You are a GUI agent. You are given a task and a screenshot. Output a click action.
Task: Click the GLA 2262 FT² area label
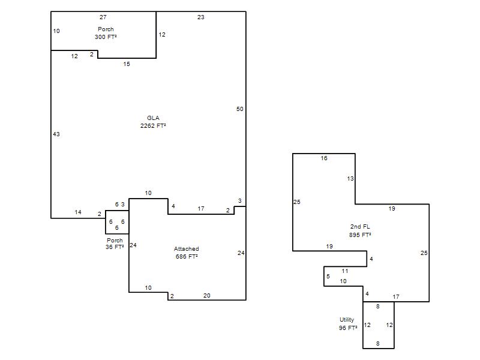tap(153, 122)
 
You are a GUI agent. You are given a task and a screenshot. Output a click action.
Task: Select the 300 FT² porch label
tap(106, 33)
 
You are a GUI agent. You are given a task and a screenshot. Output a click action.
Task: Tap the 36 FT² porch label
tap(115, 244)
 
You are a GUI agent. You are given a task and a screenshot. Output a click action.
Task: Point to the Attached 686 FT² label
tap(187, 253)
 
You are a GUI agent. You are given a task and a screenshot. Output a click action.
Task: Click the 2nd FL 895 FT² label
tap(360, 231)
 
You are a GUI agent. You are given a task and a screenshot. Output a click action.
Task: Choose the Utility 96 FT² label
tap(348, 324)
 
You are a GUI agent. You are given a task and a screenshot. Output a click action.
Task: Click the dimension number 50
tap(239, 109)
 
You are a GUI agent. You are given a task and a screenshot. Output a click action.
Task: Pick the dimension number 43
tap(56, 134)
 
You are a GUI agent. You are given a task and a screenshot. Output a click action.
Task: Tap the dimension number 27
tap(103, 17)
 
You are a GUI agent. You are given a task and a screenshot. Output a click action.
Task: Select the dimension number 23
tap(201, 17)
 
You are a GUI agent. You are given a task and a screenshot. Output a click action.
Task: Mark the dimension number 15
tap(127, 64)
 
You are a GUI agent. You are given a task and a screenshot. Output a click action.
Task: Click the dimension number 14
tap(78, 212)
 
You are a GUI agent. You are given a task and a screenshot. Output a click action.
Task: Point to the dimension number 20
tap(207, 296)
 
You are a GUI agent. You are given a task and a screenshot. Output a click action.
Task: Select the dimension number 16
tap(324, 158)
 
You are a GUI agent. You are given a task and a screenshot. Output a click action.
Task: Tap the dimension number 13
tap(350, 178)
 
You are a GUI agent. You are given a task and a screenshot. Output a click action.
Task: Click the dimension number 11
tap(345, 271)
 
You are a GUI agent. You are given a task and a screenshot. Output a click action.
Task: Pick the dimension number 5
tap(328, 277)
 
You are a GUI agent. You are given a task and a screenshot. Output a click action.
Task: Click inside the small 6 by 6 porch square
tap(117, 222)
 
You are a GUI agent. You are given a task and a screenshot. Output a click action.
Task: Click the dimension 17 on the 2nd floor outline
tap(396, 296)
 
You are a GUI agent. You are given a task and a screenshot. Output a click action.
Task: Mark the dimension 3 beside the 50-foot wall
tap(239, 201)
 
